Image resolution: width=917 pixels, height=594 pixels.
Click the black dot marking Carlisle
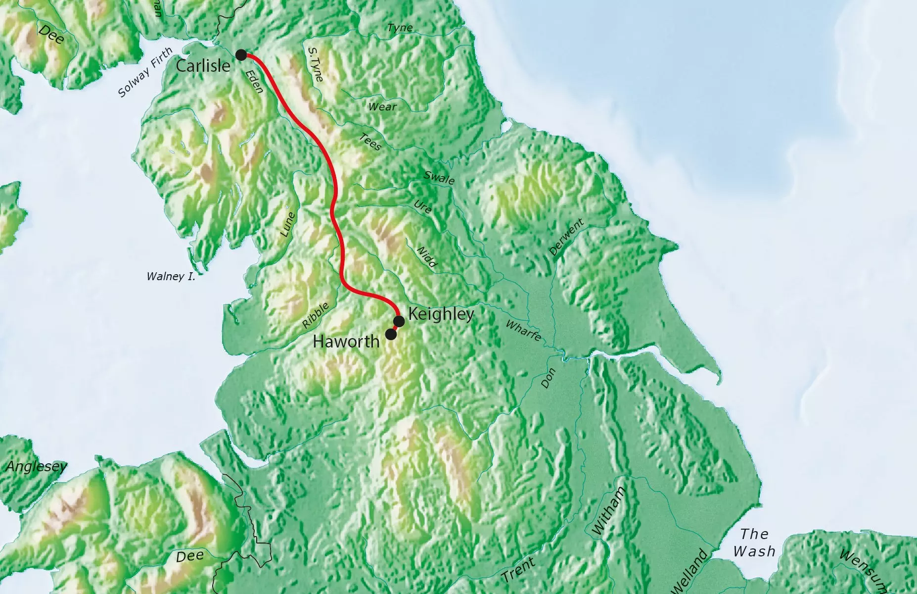tap(241, 55)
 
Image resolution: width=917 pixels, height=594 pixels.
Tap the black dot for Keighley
tap(399, 321)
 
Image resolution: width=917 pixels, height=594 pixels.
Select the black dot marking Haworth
tap(391, 334)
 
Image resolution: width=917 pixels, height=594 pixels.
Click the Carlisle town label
tap(203, 66)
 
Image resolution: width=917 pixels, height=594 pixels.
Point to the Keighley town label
tap(441, 314)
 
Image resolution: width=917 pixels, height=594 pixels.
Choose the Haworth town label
tap(346, 341)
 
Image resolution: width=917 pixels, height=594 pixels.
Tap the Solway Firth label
tap(146, 72)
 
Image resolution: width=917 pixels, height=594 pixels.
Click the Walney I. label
tap(171, 276)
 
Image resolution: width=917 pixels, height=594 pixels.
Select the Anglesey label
tap(36, 466)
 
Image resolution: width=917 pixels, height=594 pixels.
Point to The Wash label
tap(754, 543)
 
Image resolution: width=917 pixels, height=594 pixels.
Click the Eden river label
tap(254, 81)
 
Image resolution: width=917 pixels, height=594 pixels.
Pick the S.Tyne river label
tap(315, 64)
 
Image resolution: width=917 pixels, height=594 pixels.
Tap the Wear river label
tap(382, 106)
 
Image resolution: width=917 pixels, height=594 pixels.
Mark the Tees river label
tap(370, 142)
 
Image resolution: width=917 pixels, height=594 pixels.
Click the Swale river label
tap(439, 178)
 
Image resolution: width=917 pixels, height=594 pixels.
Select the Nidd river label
tap(427, 257)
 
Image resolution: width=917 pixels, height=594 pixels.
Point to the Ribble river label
tap(316, 315)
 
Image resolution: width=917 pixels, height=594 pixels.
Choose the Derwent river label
tap(566, 238)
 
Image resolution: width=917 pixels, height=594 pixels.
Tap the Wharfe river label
tap(523, 330)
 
